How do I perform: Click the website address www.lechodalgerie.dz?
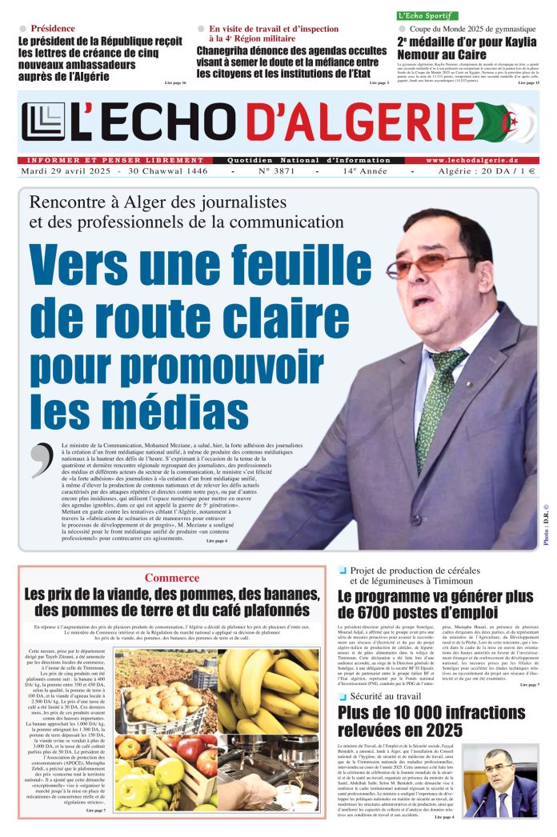[x=482, y=160]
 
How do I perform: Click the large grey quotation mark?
[x=41, y=461]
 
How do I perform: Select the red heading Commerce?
[x=172, y=578]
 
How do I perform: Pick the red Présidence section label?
[x=53, y=29]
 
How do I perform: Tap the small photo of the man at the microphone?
[x=501, y=781]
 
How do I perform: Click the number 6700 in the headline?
[x=371, y=613]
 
